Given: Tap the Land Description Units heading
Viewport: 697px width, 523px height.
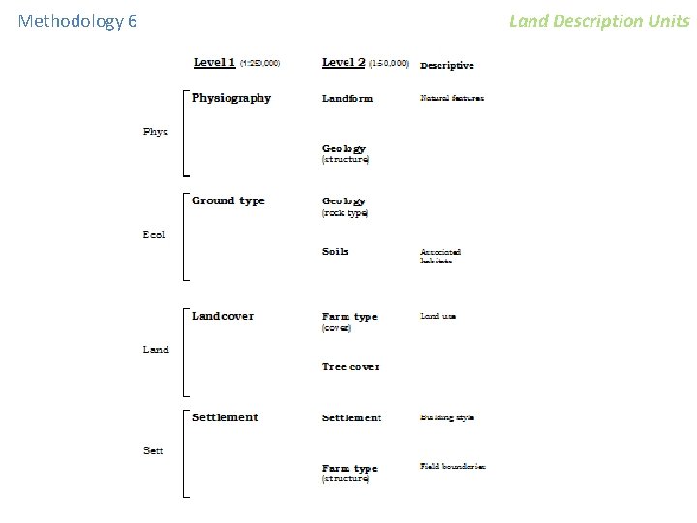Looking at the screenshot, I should tap(599, 20).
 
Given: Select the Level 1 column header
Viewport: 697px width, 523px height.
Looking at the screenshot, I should tap(214, 62).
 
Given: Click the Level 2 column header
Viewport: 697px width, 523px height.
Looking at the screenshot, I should tap(344, 62).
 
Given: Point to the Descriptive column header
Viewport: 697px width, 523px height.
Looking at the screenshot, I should tap(446, 66).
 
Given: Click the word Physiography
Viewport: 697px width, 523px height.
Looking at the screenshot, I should tap(231, 98).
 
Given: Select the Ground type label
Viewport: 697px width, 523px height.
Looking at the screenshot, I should tap(227, 200).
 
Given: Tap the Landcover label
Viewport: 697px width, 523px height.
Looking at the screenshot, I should tap(223, 316).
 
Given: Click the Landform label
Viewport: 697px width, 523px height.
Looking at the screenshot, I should tap(348, 98).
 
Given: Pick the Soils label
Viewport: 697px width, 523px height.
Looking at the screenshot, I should tap(336, 251).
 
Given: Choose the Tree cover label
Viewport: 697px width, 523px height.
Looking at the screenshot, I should tap(350, 367).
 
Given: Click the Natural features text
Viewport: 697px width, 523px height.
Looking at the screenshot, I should tap(452, 98).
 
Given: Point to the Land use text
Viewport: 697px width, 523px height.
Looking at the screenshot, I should tap(439, 316).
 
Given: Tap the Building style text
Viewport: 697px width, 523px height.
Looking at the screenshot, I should tap(447, 418).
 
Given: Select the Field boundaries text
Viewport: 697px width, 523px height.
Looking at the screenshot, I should tap(453, 466).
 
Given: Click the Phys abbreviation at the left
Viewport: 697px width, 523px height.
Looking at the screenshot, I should tap(156, 132).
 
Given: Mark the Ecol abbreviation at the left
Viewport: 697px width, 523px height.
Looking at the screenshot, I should tap(154, 234).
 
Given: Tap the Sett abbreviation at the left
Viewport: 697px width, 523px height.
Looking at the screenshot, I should tap(153, 451).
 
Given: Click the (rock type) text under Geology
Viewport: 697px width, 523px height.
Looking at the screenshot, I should tap(346, 213).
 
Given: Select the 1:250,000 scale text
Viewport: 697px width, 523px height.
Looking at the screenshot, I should tap(260, 63).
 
